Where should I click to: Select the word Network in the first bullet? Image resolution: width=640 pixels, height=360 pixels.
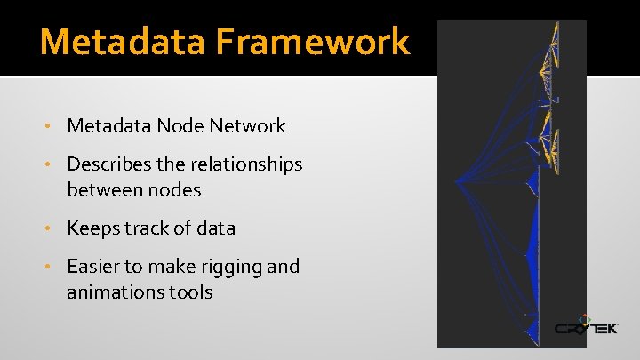click(248, 126)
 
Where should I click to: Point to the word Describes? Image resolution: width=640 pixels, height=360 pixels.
click(108, 164)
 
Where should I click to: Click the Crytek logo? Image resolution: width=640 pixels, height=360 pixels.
click(586, 326)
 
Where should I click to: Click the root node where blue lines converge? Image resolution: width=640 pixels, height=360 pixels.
click(456, 181)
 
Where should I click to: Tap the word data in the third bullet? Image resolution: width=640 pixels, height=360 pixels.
click(217, 228)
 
